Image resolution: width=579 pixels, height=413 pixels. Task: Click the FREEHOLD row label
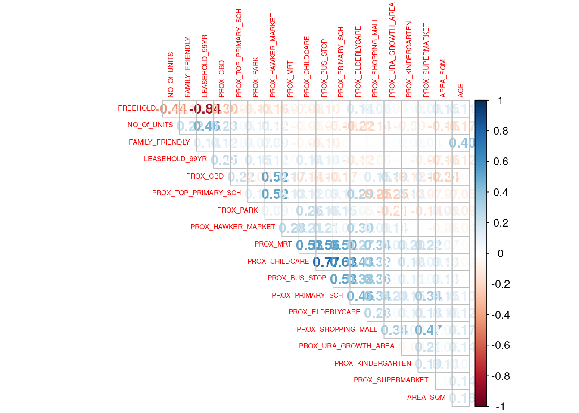tap(137, 108)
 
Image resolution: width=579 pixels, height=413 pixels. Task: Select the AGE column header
tap(461, 90)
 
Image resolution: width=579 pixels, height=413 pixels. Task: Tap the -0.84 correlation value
tap(205, 108)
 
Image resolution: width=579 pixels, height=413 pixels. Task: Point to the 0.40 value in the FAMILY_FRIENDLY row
tap(461, 142)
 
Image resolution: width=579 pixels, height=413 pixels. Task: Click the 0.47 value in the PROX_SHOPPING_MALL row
tap(427, 330)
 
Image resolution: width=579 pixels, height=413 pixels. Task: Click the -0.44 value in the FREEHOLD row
tap(171, 108)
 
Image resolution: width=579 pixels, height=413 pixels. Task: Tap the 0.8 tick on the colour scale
tap(501, 131)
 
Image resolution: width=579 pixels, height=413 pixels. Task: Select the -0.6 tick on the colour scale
tap(501, 345)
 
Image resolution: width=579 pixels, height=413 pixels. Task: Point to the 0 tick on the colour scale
tap(500, 253)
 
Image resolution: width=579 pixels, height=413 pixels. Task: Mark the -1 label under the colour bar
tap(500, 407)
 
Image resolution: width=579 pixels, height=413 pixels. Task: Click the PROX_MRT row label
tap(273, 244)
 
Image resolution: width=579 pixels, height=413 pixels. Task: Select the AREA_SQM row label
tap(426, 398)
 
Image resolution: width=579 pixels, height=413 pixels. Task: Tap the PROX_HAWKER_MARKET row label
tap(233, 227)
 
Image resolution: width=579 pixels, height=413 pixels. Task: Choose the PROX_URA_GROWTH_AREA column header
tap(392, 50)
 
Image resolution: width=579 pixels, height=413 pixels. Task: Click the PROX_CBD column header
tap(222, 78)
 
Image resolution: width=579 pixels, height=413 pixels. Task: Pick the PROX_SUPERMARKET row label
tap(391, 380)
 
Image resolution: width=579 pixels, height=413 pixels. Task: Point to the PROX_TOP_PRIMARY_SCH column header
tap(239, 53)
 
